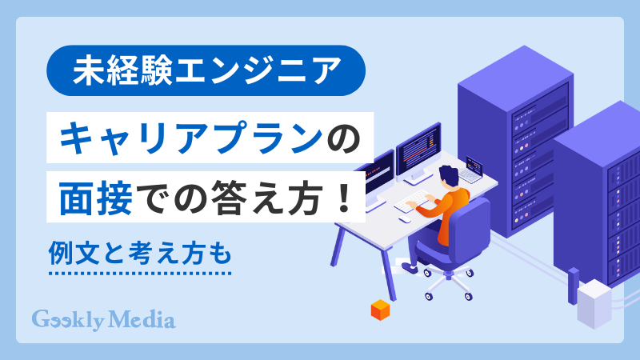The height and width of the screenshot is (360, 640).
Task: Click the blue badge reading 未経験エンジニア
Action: [x=206, y=71]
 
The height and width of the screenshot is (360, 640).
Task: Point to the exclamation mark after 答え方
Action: [x=345, y=197]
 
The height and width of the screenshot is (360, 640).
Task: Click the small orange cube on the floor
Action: [x=378, y=310]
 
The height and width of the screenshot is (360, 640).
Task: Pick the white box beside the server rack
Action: [x=596, y=303]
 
